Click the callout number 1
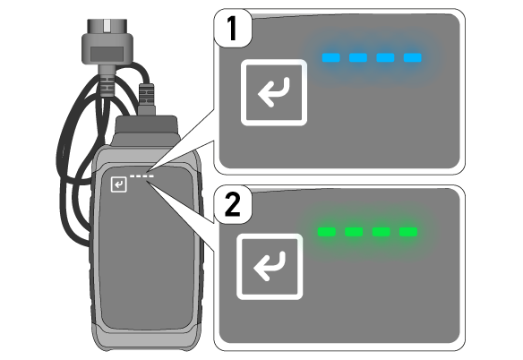click(x=232, y=29)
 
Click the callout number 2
click(x=233, y=204)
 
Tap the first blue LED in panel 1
click(x=330, y=57)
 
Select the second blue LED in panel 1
click(x=358, y=57)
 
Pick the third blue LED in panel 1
click(x=386, y=57)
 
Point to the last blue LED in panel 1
click(x=413, y=57)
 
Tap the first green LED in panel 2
click(x=327, y=232)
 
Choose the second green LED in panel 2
click(x=354, y=232)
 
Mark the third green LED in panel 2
click(x=382, y=232)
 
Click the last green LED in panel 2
click(x=408, y=232)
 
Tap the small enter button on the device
click(x=119, y=184)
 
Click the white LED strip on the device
click(x=141, y=176)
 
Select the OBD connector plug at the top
click(x=107, y=41)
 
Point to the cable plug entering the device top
click(x=147, y=99)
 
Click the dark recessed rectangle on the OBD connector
click(x=107, y=54)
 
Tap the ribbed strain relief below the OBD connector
click(x=107, y=85)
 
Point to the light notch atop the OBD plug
click(x=107, y=26)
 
